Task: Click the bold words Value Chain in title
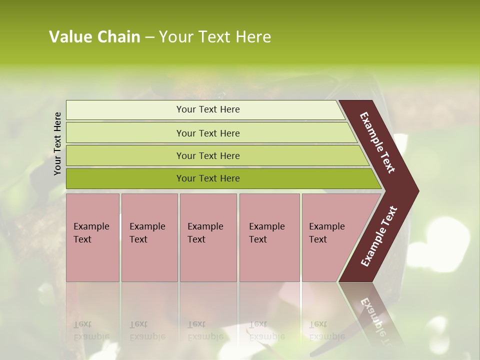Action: [x=94, y=37]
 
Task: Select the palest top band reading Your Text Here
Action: [x=207, y=109]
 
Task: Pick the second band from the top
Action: [x=207, y=133]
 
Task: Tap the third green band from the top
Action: [x=207, y=155]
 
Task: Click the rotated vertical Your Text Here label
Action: [x=57, y=143]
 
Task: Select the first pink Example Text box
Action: [x=92, y=237]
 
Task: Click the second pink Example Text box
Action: [x=149, y=237]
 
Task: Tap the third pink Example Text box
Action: [x=208, y=237]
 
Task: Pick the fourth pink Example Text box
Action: [x=269, y=237]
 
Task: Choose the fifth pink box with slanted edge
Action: [x=330, y=237]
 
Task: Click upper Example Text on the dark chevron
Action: [x=378, y=142]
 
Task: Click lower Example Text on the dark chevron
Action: [x=379, y=236]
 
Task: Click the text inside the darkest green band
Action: [x=207, y=178]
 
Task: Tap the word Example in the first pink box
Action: [x=91, y=226]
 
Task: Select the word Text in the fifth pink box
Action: [x=317, y=239]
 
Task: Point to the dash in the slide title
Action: [x=149, y=37]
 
